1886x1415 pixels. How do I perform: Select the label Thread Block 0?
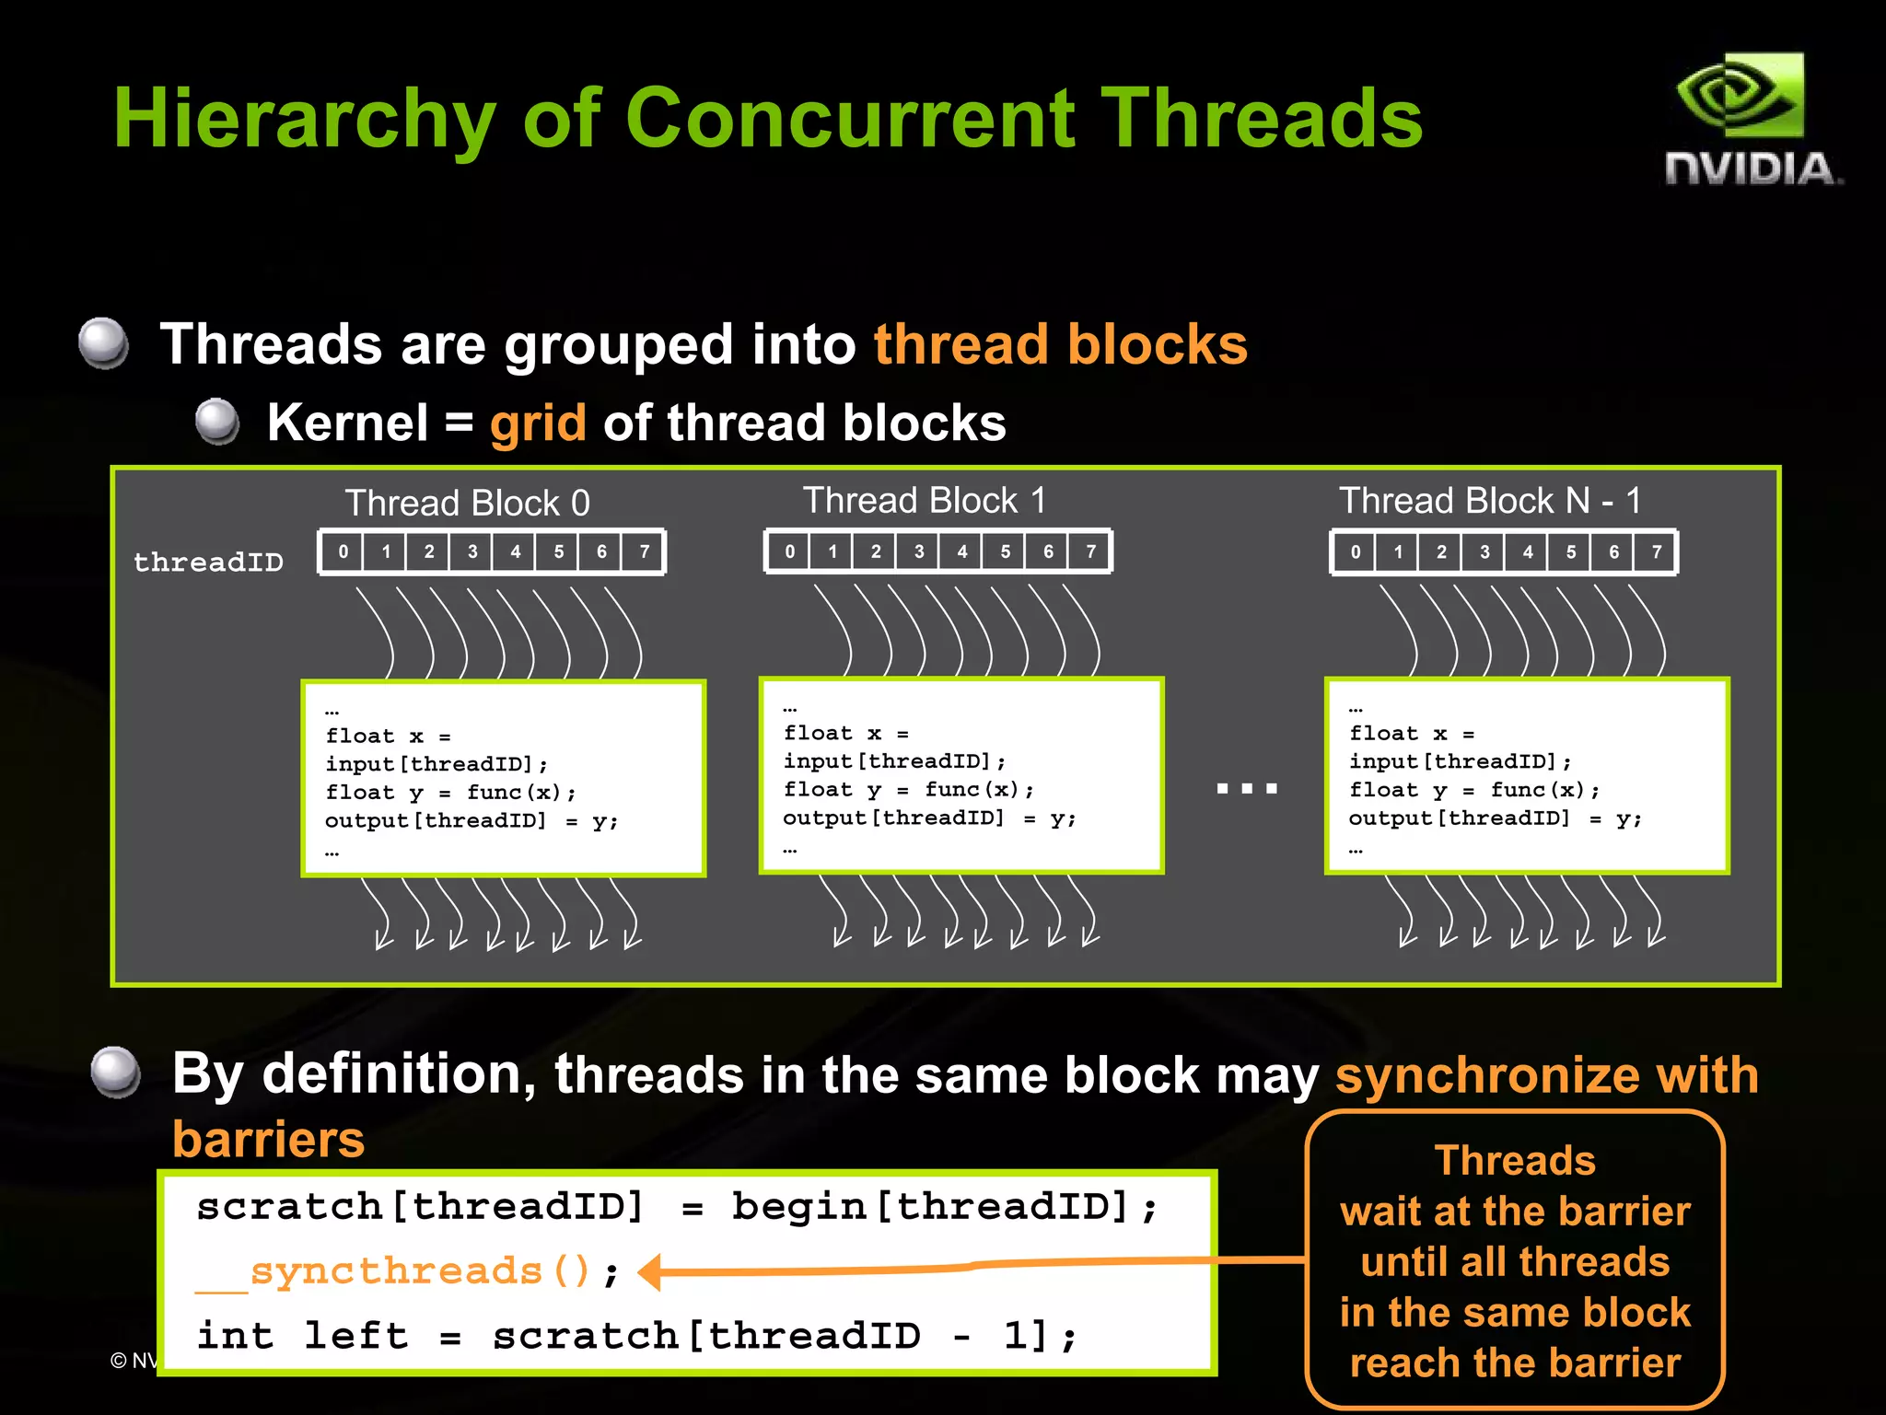click(467, 503)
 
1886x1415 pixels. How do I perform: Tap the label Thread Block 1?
click(925, 500)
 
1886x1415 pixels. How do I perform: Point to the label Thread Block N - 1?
click(1489, 500)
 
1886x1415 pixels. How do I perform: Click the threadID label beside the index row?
click(208, 562)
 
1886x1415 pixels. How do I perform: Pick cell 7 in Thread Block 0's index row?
click(644, 552)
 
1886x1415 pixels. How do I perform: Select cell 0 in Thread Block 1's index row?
click(789, 551)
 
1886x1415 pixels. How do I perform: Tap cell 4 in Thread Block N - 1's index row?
click(1527, 551)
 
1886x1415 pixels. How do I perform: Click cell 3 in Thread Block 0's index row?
click(471, 552)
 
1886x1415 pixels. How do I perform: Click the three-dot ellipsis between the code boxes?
click(1246, 788)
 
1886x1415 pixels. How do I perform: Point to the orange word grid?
click(538, 423)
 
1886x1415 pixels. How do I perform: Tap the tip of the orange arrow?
click(643, 1273)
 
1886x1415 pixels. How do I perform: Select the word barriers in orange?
click(268, 1139)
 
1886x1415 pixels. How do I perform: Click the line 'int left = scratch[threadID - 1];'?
click(635, 1335)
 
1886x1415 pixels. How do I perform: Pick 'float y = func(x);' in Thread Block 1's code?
click(908, 789)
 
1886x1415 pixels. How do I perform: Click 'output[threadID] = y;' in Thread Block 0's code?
click(471, 820)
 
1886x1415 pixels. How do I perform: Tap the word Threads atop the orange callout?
click(1514, 1160)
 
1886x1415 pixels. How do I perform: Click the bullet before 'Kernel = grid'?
click(217, 422)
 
